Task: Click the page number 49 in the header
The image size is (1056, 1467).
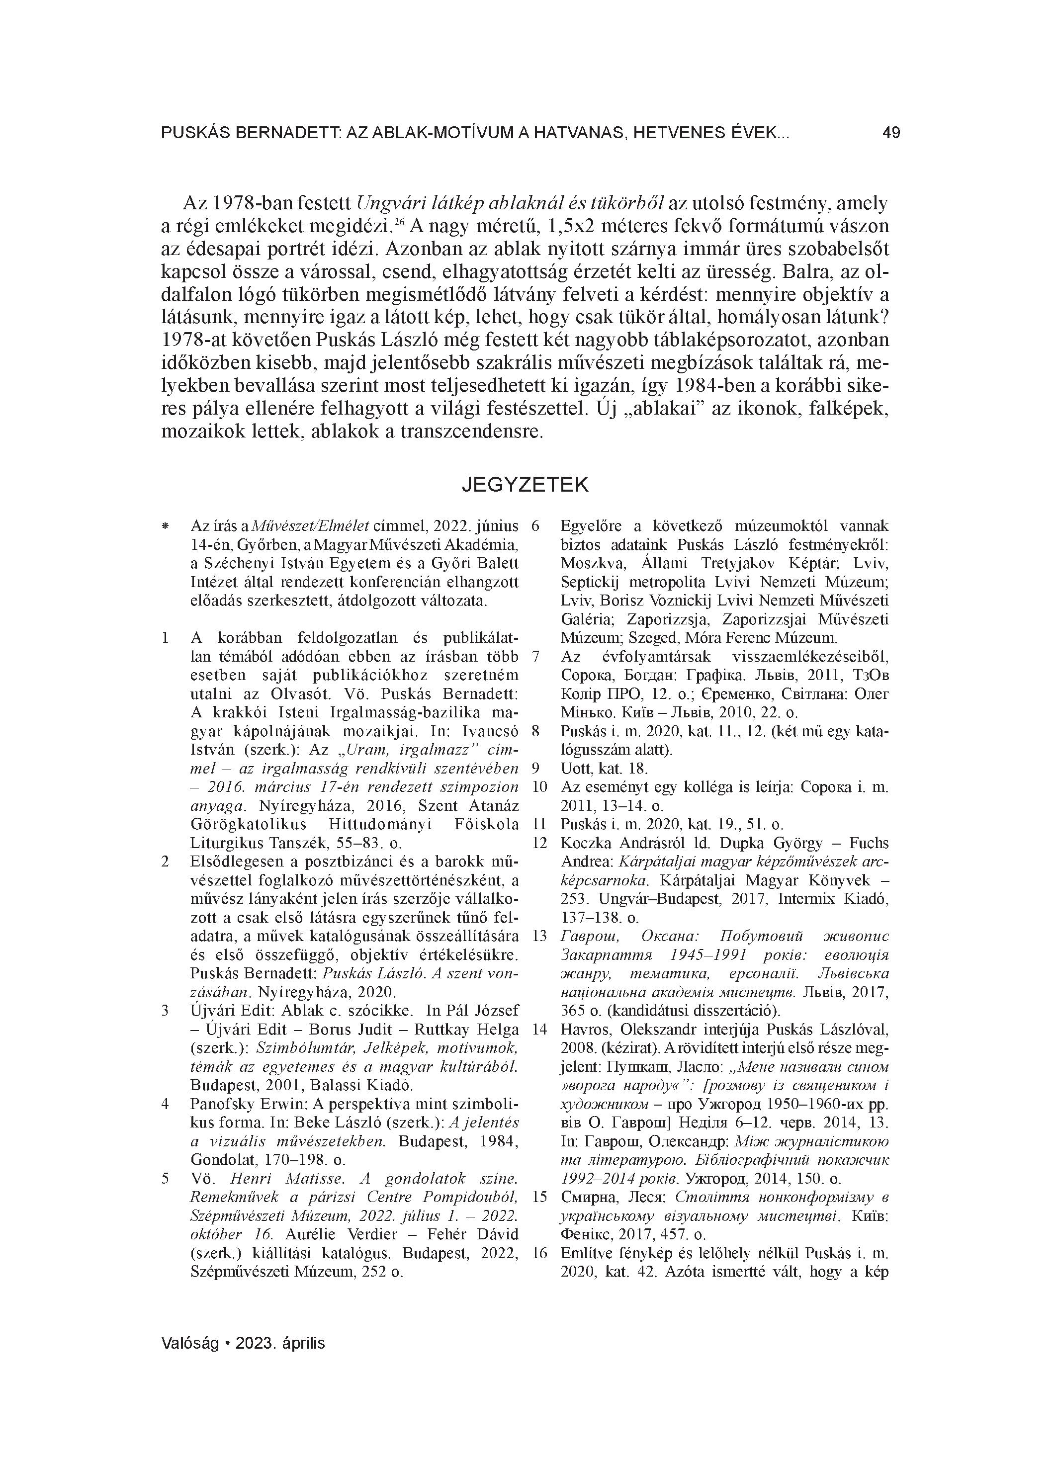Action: coord(890,133)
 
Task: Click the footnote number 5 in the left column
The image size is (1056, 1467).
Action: coord(165,1179)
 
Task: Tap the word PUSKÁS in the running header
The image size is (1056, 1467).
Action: coord(193,134)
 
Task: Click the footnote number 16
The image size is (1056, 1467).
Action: coord(539,1253)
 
